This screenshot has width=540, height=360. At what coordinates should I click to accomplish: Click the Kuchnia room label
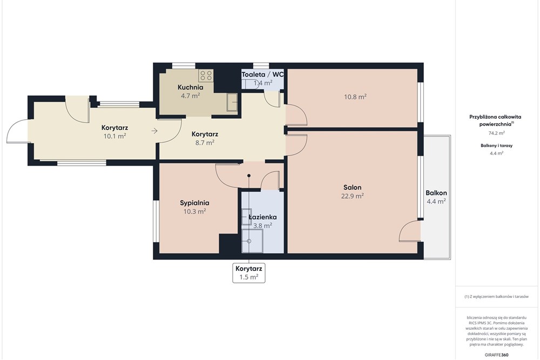tap(190, 87)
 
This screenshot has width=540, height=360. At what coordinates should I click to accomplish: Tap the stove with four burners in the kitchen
tap(206, 75)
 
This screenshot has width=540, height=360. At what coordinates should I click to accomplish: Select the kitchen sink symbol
tap(232, 101)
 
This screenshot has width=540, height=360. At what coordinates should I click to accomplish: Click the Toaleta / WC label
tap(262, 74)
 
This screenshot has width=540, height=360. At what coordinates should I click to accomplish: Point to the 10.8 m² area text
tap(355, 97)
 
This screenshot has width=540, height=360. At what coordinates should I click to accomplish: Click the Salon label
tap(352, 187)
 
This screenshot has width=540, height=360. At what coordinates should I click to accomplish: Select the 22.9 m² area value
tap(352, 196)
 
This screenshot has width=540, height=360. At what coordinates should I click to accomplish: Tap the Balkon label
tap(436, 193)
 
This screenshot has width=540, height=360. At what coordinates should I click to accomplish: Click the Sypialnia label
tap(194, 203)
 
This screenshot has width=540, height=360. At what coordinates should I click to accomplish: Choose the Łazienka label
tap(262, 217)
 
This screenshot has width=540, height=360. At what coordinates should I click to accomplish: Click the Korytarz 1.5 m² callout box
tap(249, 273)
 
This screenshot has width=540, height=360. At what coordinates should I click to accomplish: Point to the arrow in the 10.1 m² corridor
tap(154, 131)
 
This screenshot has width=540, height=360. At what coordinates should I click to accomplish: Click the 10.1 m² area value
tap(114, 137)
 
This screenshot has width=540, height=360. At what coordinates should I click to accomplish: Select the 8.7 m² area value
tap(204, 142)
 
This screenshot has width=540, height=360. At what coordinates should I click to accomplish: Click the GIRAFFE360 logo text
tap(497, 355)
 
